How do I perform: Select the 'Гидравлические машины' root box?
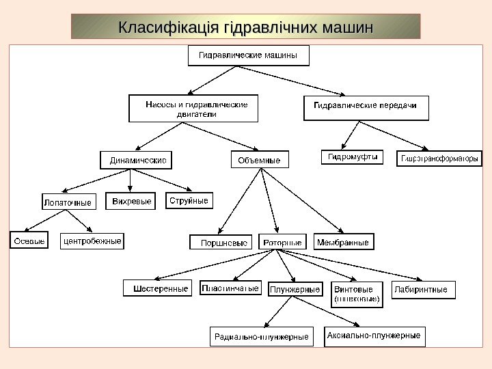pyautogui.click(x=248, y=55)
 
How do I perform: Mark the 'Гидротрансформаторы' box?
pyautogui.click(x=439, y=159)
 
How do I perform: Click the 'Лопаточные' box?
pyautogui.click(x=67, y=203)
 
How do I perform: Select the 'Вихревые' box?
pyautogui.click(x=131, y=202)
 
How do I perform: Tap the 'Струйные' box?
pyautogui.click(x=188, y=201)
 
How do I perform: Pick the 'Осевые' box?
pyautogui.click(x=29, y=241)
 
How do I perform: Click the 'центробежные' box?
pyautogui.click(x=92, y=241)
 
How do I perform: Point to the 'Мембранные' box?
pyautogui.click(x=344, y=242)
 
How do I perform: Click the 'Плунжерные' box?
pyautogui.click(x=295, y=290)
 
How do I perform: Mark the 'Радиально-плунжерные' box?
pyautogui.click(x=261, y=336)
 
